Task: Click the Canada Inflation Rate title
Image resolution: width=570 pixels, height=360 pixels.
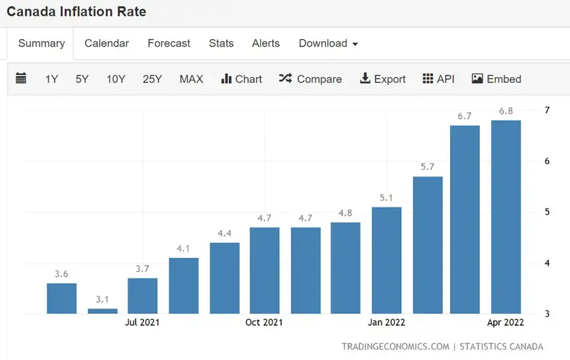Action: tap(77, 12)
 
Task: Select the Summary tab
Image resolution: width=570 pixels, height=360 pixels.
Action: tap(41, 43)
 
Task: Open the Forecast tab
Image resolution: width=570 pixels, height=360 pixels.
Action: tap(169, 43)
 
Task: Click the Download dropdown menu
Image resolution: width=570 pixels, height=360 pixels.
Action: tap(328, 43)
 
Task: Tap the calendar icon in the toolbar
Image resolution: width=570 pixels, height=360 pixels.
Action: tap(21, 79)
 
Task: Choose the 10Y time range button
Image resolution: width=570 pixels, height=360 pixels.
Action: tap(116, 79)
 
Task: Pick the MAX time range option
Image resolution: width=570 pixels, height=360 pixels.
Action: tap(191, 79)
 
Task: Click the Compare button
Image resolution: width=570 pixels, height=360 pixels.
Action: tap(310, 79)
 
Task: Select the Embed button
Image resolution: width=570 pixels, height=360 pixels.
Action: tap(496, 79)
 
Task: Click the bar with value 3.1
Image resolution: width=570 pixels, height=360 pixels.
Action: tap(103, 311)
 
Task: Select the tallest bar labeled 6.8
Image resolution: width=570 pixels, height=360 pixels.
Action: tap(506, 217)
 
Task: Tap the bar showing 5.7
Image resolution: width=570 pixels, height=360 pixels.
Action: tap(428, 245)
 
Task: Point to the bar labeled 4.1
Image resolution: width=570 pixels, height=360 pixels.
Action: tap(183, 285)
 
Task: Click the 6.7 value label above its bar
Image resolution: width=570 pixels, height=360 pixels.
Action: tap(465, 116)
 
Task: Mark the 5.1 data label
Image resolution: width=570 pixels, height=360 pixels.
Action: tap(387, 197)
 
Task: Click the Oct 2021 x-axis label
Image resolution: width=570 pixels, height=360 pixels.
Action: tap(264, 322)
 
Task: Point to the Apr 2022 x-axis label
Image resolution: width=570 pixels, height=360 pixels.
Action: tap(506, 322)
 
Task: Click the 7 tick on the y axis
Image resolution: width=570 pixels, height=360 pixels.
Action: tap(547, 110)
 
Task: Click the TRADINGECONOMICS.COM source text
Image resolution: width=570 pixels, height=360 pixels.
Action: tap(395, 347)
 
